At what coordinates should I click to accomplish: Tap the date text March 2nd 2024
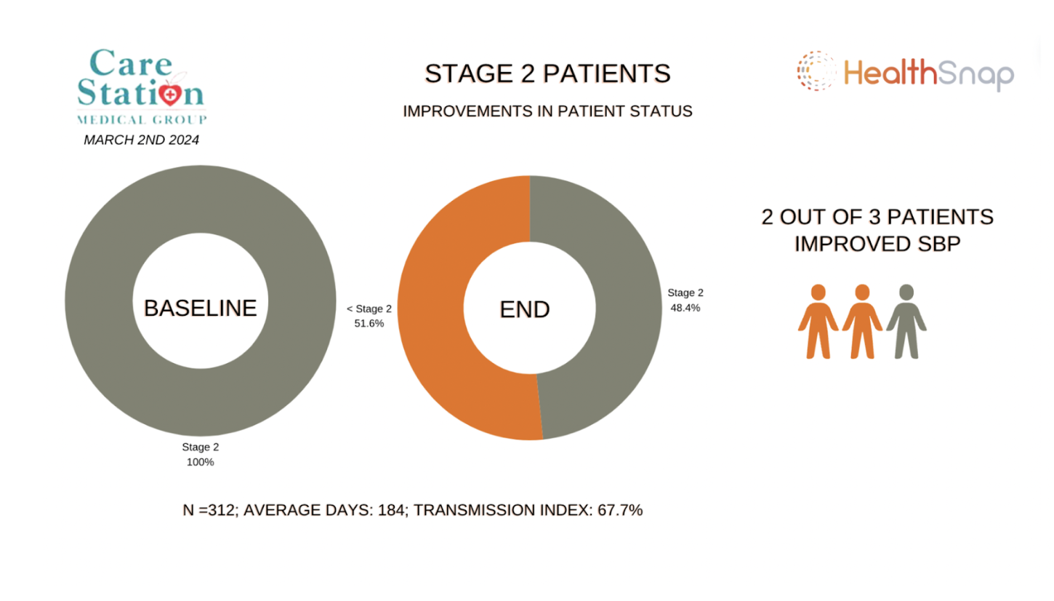(141, 140)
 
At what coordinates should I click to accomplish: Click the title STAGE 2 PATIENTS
(547, 73)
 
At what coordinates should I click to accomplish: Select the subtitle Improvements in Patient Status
(547, 112)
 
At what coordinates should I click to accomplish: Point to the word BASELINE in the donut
(200, 308)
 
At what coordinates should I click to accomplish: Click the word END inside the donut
(525, 309)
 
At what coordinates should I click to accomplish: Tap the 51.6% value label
(369, 323)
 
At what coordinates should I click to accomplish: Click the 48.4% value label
(685, 308)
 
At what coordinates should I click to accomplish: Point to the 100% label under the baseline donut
(200, 461)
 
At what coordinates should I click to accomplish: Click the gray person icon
(906, 322)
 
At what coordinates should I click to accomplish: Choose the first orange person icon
(818, 322)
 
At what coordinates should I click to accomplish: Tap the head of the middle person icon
(862, 292)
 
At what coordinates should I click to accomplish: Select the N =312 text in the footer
(208, 510)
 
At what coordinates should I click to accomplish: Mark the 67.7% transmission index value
(619, 510)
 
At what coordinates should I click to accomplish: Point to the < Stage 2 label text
(369, 309)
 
